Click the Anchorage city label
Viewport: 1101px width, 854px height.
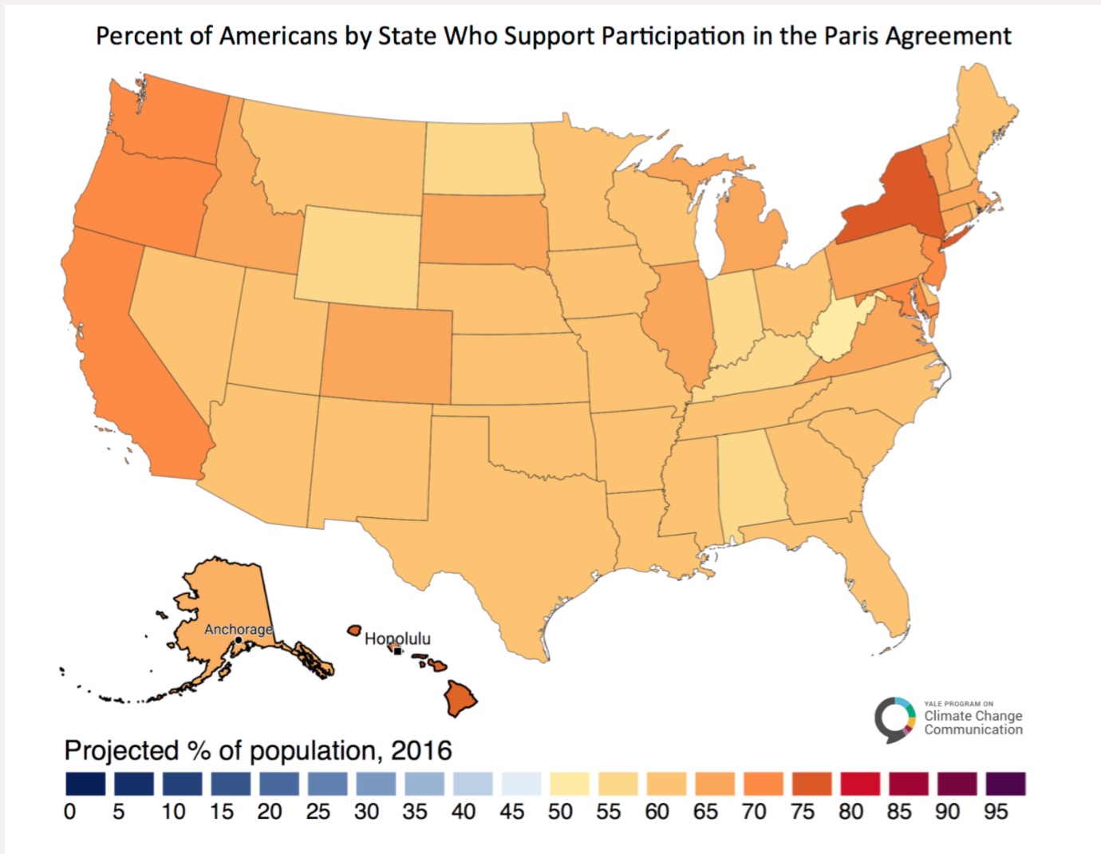238,629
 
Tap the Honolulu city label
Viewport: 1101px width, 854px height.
397,639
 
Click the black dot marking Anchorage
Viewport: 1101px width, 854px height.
239,640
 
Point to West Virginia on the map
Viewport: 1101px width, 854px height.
838,331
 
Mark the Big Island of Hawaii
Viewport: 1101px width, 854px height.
460,698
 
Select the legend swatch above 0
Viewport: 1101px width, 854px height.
85,783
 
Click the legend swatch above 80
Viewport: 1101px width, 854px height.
859,783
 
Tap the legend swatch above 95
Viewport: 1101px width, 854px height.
1004,783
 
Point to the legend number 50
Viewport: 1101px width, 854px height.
560,812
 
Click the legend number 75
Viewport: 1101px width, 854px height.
802,812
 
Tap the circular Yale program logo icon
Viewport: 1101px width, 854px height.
894,718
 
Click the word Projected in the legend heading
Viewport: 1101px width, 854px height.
121,751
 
